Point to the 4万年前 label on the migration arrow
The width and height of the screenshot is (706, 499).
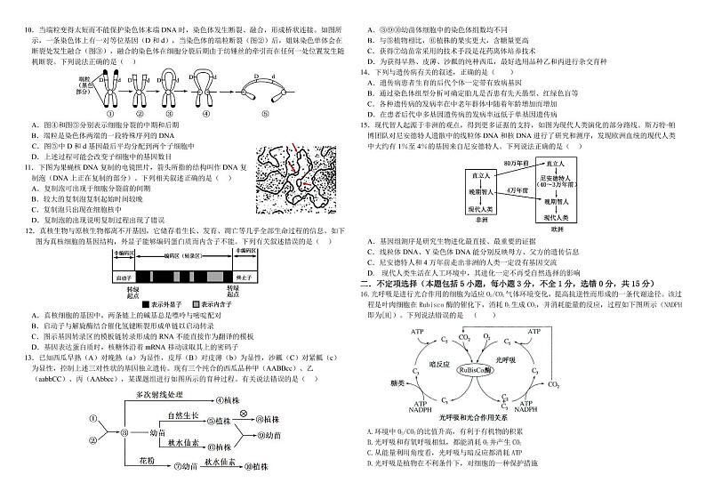click(x=517, y=189)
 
